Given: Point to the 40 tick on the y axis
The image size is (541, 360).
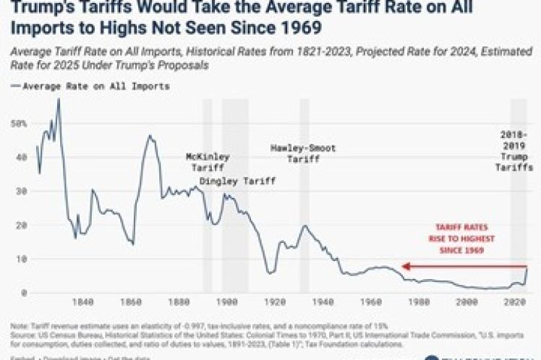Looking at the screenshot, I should click(17, 157).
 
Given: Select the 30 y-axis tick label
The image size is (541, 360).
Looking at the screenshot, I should click(17, 191).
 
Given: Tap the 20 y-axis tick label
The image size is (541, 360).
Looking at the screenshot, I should click(17, 225).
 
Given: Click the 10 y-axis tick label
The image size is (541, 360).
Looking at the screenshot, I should click(17, 259).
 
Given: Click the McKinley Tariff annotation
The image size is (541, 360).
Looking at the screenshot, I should click(208, 161).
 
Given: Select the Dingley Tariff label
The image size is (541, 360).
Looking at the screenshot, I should click(237, 180).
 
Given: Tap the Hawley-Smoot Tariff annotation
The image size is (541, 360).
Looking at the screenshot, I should click(303, 153).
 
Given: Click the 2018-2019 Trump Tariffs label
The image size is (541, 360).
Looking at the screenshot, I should click(517, 150).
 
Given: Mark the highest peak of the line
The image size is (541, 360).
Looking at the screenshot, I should click(59, 99).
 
